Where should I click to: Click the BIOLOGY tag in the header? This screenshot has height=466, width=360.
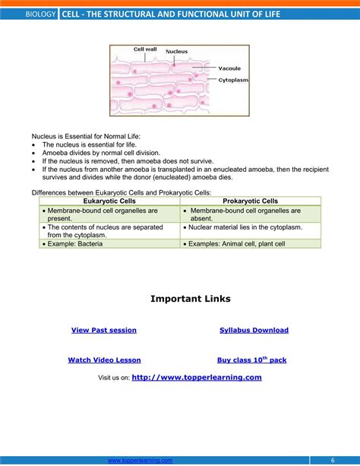click(39, 14)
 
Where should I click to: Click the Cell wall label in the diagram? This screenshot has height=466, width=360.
click(145, 49)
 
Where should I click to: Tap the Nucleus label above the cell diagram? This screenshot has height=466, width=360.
click(176, 52)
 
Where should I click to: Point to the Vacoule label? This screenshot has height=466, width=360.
click(229, 68)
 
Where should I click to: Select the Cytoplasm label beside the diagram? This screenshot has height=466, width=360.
click(233, 79)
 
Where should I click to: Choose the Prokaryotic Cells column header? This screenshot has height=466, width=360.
click(250, 201)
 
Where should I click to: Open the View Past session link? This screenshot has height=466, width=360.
click(104, 330)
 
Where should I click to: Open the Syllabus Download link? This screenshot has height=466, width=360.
click(254, 330)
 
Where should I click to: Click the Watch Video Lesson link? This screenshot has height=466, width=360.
click(104, 360)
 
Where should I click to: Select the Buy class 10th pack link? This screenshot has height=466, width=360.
click(251, 360)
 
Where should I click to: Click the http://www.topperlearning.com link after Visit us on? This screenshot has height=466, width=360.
click(197, 377)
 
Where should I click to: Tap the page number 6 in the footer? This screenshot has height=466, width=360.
click(333, 460)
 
